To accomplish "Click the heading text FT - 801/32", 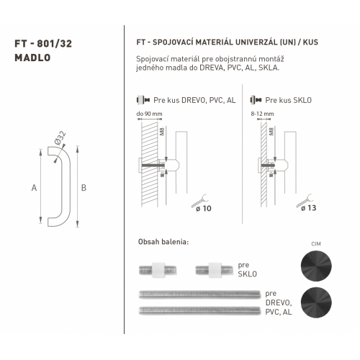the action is (x=43, y=44).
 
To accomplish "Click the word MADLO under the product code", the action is (x=32, y=58).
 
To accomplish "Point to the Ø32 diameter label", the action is (x=60, y=138).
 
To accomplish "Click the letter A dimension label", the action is (x=34, y=188).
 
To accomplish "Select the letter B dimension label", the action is (x=84, y=188).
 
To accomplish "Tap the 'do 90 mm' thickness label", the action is (x=149, y=114).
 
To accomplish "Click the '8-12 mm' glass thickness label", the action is (x=262, y=114).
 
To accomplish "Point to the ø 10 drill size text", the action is (x=204, y=208).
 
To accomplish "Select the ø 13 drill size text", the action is (x=309, y=208).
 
